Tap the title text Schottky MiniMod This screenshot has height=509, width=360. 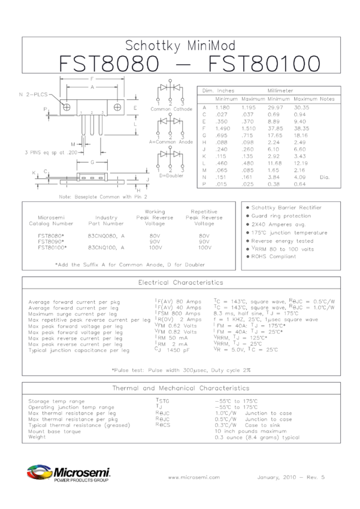180,46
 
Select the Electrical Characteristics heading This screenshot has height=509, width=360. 180,282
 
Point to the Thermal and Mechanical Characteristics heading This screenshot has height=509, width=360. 180,388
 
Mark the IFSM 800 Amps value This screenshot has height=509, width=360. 177,313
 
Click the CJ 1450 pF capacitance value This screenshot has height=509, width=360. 176,350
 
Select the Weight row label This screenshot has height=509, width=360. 37,437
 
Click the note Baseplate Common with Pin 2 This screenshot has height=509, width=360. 103,196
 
